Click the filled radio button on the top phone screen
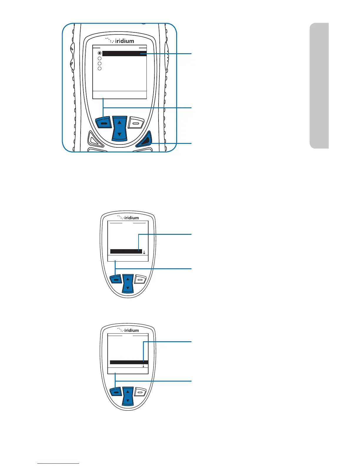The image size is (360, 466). (x=100, y=53)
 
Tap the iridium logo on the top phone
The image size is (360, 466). (x=120, y=41)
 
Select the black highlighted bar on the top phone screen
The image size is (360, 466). (x=124, y=54)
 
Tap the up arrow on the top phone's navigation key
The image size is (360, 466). (x=119, y=122)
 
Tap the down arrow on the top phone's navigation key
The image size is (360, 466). (x=119, y=134)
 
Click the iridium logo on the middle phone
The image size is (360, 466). (x=128, y=218)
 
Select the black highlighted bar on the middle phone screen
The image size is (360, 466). (x=126, y=251)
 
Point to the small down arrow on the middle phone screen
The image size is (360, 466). (x=144, y=252)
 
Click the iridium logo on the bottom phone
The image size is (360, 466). (x=128, y=330)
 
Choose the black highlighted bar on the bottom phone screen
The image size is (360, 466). (x=129, y=362)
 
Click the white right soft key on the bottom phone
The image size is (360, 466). (x=140, y=392)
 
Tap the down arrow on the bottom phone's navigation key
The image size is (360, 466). (x=128, y=400)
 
